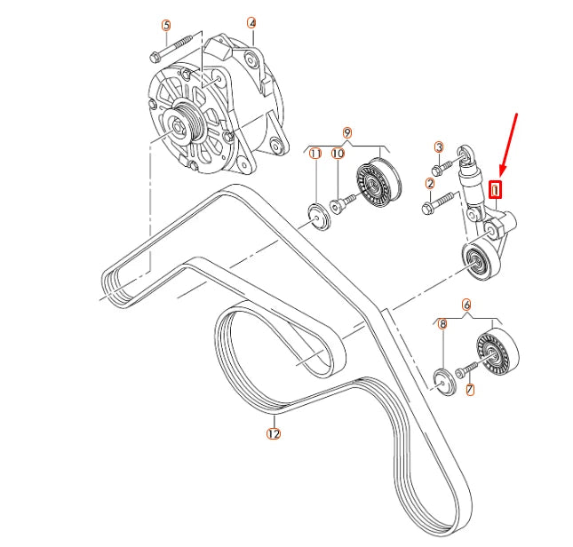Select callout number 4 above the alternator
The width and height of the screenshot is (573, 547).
251,23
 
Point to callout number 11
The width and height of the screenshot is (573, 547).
314,154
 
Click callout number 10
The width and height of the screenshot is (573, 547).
337,154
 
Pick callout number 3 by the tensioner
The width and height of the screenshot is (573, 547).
438,147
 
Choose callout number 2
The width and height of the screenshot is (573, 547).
429,184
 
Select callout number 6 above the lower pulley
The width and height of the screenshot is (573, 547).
466,303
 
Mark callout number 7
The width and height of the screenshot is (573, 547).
470,389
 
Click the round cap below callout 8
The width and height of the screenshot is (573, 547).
442,379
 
